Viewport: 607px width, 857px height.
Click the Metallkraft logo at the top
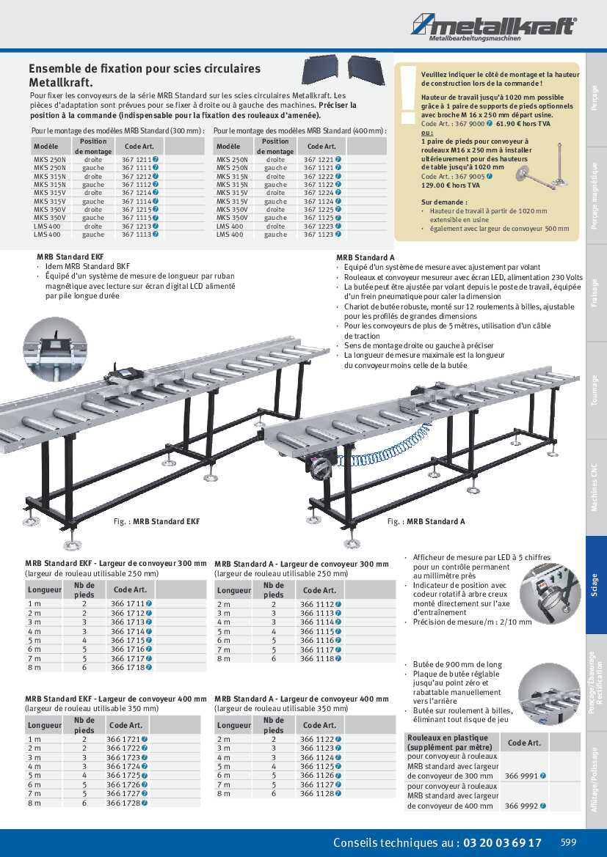tap(493, 28)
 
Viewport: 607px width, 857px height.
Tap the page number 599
tap(570, 842)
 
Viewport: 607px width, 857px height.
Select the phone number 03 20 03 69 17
tap(502, 842)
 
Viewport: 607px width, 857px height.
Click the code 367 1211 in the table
tap(137, 159)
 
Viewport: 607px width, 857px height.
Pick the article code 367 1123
tap(319, 235)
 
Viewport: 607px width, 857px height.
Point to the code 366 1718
tap(126, 667)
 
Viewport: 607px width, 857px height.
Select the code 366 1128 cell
tap(316, 793)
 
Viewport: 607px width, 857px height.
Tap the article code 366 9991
tap(521, 776)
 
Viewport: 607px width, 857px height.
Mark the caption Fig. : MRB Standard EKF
tap(156, 521)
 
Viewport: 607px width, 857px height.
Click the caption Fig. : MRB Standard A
tap(426, 521)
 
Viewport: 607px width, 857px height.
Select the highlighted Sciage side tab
tap(595, 584)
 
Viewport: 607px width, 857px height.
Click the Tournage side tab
tap(595, 390)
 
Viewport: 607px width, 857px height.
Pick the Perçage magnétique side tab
tap(595, 196)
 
